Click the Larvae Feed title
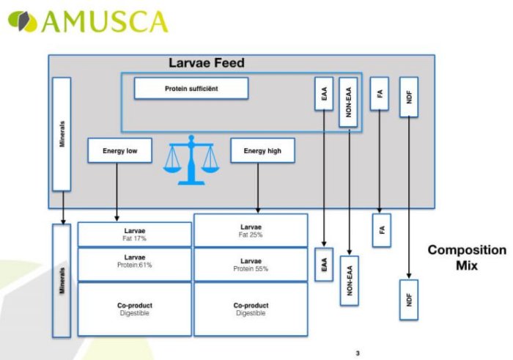pyautogui.click(x=207, y=64)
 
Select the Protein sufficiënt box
pyautogui.click(x=191, y=89)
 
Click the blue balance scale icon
pyautogui.click(x=191, y=161)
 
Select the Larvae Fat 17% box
pyautogui.click(x=135, y=234)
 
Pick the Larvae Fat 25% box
pyautogui.click(x=251, y=230)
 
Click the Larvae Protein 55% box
pyautogui.click(x=251, y=264)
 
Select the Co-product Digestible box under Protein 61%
pyautogui.click(x=135, y=309)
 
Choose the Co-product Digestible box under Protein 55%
pyautogui.click(x=251, y=309)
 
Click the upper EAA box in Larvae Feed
pyautogui.click(x=323, y=93)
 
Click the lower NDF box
pyautogui.click(x=408, y=298)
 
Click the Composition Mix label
pyautogui.click(x=465, y=257)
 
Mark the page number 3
pyautogui.click(x=358, y=354)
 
